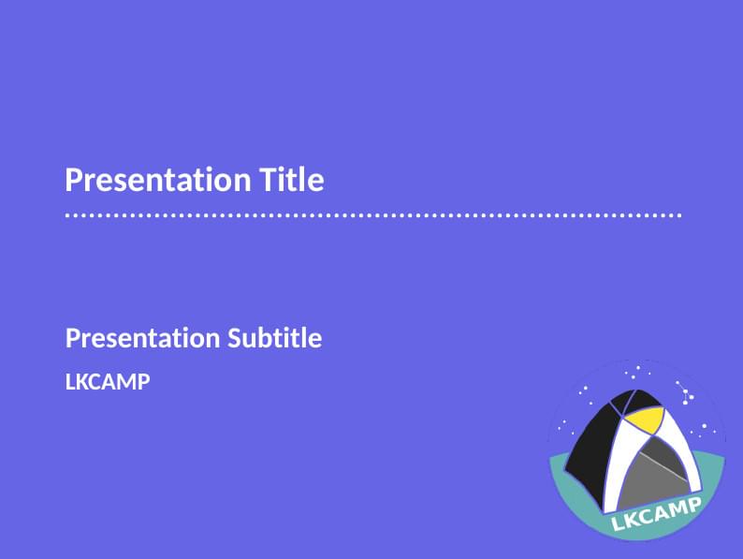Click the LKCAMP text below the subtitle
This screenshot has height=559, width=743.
108,382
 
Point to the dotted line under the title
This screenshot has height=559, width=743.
372,215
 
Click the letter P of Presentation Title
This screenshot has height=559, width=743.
73,179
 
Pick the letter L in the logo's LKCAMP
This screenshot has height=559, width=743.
618,526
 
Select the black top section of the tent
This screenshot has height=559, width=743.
618,405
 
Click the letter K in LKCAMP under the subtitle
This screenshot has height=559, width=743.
81,382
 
